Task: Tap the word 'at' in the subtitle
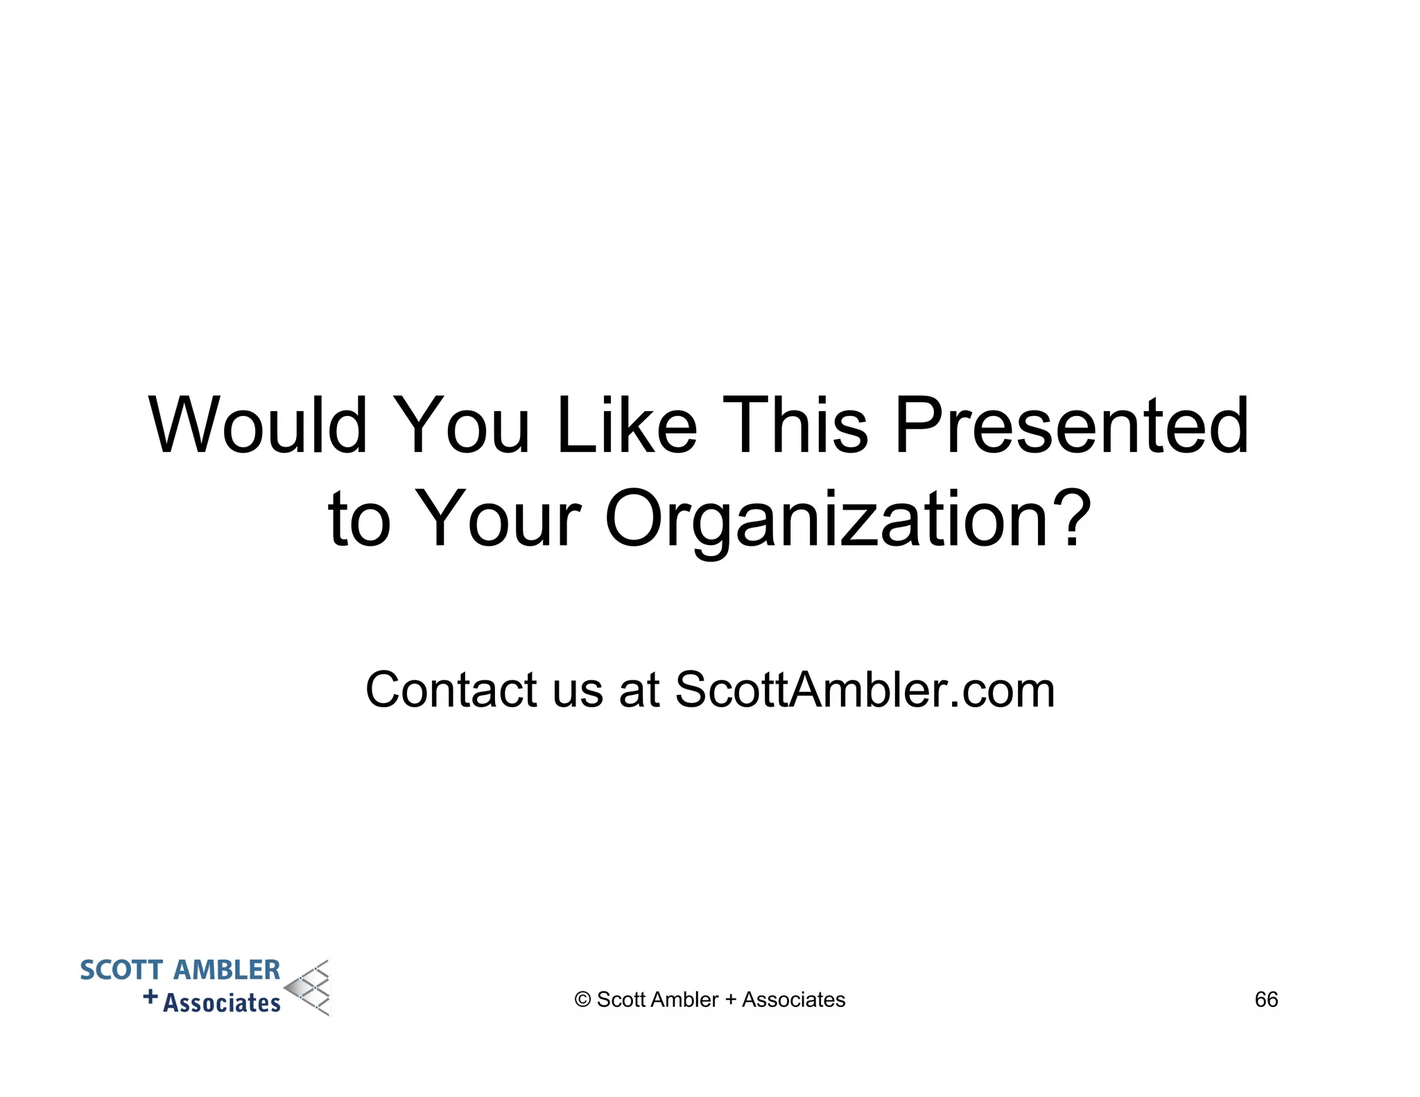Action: (x=639, y=691)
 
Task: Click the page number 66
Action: (x=1266, y=999)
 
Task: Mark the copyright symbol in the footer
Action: (x=582, y=1000)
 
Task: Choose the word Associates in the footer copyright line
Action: (x=793, y=999)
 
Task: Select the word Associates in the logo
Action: (x=222, y=1003)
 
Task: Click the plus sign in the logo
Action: (x=150, y=997)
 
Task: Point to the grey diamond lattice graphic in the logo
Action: (x=309, y=988)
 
